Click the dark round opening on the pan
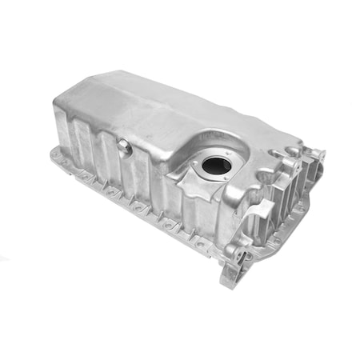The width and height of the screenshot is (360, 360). [215, 165]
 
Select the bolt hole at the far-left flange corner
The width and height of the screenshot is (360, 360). [56, 153]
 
